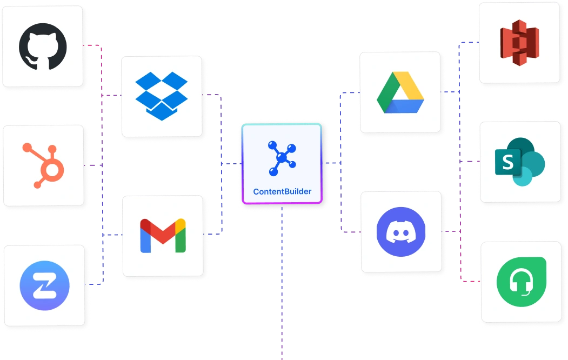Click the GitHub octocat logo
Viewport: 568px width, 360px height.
click(x=43, y=46)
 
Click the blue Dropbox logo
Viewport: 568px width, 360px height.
click(x=161, y=96)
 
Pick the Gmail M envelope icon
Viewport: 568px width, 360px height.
click(x=163, y=236)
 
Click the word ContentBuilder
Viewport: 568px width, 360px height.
click(x=282, y=191)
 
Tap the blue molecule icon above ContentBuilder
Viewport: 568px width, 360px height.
click(x=282, y=158)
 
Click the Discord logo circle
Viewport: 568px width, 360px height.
click(x=400, y=231)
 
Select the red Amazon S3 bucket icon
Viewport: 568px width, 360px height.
click(x=520, y=43)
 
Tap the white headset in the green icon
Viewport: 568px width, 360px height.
click(x=521, y=281)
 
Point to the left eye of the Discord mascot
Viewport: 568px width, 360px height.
click(x=394, y=232)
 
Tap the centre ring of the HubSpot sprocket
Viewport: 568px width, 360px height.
click(x=54, y=171)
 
